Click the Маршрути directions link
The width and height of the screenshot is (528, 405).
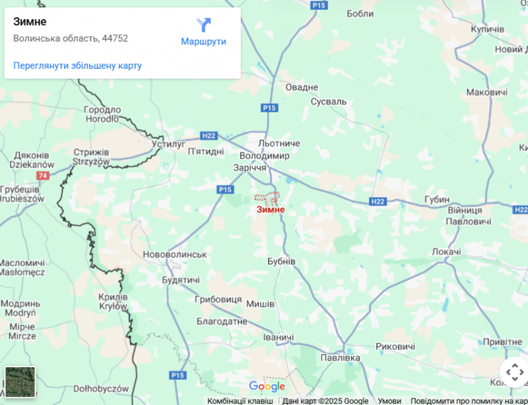203,42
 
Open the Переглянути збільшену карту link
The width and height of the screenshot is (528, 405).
77,65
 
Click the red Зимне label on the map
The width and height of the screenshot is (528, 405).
271,209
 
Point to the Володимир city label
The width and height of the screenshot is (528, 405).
264,156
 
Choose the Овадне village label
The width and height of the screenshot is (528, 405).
302,87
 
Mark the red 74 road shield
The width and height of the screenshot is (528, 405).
44,176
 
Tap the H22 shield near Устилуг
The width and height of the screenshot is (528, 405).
209,135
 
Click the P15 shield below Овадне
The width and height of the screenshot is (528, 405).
268,108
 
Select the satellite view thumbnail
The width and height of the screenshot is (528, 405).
20,381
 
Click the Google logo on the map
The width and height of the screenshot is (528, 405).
267,387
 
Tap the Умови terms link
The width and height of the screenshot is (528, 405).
389,400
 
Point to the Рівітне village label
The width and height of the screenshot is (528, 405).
502,342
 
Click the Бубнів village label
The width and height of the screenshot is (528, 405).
281,262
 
